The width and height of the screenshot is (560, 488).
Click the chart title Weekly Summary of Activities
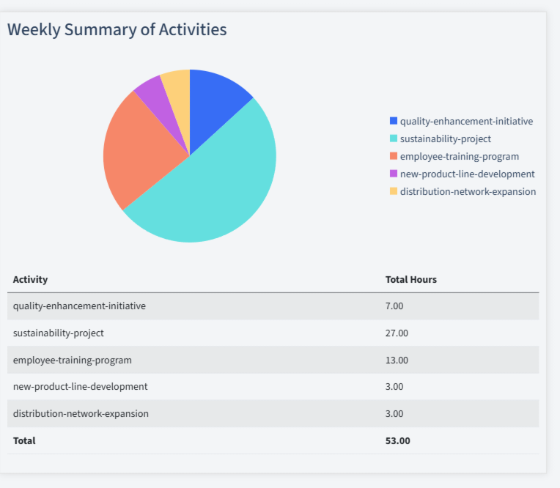tap(117, 30)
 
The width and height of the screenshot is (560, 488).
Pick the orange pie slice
tap(139, 154)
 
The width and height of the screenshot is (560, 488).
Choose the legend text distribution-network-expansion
tap(468, 191)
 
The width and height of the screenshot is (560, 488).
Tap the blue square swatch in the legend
tap(394, 121)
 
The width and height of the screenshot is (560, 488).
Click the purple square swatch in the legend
tap(394, 174)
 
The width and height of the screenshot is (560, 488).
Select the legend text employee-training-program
tap(459, 156)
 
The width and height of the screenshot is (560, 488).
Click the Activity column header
tap(30, 279)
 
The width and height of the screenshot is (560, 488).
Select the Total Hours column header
tap(411, 279)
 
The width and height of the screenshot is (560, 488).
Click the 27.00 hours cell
tap(397, 333)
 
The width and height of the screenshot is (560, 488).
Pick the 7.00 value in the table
tap(394, 306)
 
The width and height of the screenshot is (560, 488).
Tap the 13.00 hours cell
tap(397, 360)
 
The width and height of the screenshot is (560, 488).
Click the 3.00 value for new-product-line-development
tap(394, 386)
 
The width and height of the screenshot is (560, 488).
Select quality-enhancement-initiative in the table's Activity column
tap(79, 306)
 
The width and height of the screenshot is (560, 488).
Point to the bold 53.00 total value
tap(398, 440)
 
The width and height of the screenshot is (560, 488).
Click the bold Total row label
tap(24, 440)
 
